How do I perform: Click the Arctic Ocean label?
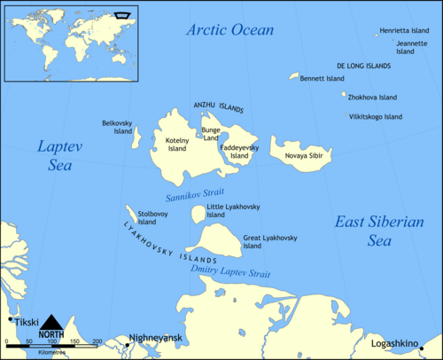click(229, 31)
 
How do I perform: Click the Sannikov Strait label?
click(195, 192)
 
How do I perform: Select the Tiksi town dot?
click(11, 319)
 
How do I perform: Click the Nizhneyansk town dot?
click(127, 346)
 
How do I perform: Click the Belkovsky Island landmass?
click(136, 137)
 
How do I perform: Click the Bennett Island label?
click(322, 78)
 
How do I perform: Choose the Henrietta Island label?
click(403, 31)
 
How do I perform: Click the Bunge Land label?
click(210, 135)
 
